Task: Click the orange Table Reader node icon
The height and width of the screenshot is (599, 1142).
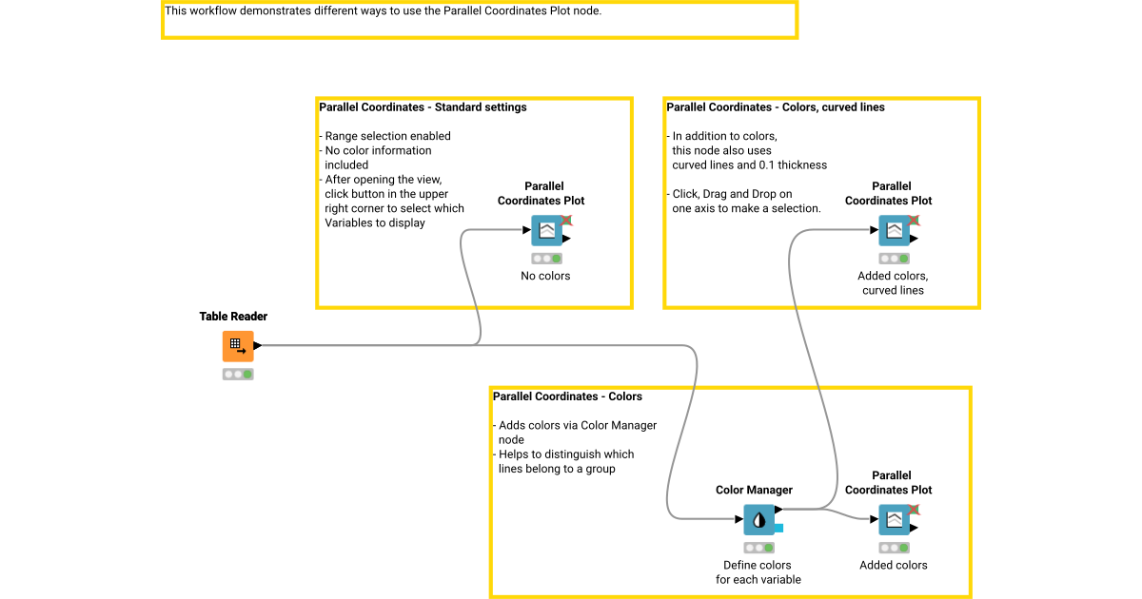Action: click(238, 346)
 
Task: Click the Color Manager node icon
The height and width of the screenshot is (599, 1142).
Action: click(758, 520)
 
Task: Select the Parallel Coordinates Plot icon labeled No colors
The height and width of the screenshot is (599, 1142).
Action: click(546, 231)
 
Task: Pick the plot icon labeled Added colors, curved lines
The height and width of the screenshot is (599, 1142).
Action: click(894, 231)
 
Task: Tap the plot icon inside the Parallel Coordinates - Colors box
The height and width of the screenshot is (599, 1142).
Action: click(894, 520)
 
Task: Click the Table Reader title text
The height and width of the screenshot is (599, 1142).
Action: click(233, 317)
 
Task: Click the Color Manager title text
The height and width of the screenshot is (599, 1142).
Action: click(754, 491)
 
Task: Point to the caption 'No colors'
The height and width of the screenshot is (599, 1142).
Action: click(545, 277)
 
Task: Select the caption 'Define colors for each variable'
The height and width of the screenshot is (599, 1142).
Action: click(758, 572)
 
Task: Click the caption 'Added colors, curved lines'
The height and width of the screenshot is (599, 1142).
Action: click(893, 283)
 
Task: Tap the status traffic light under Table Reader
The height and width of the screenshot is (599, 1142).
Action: click(238, 375)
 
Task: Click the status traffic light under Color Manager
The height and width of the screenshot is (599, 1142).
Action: click(758, 549)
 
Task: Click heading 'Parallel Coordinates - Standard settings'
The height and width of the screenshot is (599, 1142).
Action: click(423, 108)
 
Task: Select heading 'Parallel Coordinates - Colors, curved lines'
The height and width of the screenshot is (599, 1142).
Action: click(776, 108)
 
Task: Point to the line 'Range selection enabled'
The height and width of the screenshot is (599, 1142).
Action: click(387, 137)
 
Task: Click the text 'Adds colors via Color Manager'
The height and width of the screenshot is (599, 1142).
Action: click(578, 426)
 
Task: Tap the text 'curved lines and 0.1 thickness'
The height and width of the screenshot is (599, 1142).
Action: click(749, 165)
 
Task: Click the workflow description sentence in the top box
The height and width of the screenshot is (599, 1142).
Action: click(383, 11)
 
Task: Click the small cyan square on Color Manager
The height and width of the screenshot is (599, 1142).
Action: click(778, 528)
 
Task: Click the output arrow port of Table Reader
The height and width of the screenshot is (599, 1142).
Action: click(258, 346)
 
